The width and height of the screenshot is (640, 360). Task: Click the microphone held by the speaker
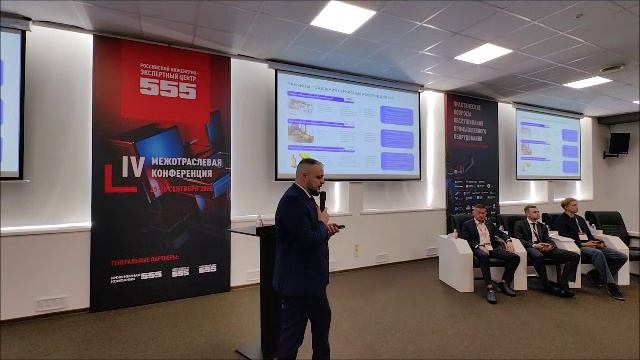(322, 199)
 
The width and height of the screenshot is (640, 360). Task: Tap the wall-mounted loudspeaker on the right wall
(619, 143)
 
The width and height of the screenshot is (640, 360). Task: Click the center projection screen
(347, 127)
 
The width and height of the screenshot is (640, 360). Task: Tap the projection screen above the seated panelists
(547, 144)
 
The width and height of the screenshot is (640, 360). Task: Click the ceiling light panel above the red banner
(343, 16)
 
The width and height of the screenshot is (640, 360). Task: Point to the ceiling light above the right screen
(587, 82)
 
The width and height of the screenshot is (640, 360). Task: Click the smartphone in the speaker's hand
(339, 226)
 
